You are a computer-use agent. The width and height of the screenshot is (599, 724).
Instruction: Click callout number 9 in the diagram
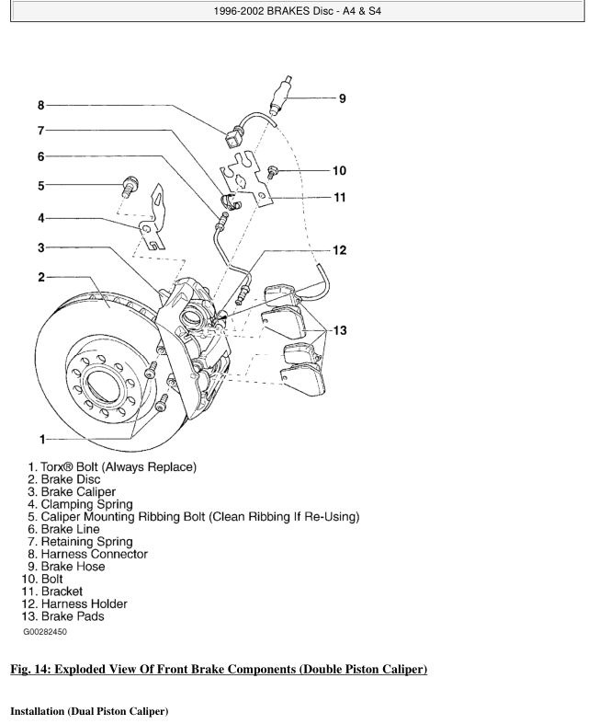(342, 98)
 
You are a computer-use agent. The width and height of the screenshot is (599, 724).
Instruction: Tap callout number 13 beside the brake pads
(341, 331)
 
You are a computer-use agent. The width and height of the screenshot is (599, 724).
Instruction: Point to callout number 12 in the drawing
(339, 250)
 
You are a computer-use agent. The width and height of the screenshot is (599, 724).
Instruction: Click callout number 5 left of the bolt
(41, 186)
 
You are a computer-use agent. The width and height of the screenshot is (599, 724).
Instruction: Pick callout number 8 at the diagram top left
(41, 105)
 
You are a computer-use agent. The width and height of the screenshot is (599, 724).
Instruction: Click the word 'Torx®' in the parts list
(62, 466)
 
